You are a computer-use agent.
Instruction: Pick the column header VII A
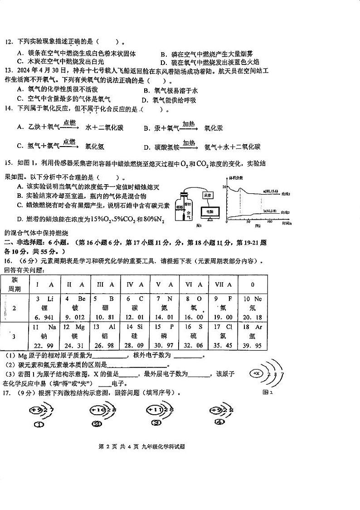(223, 284)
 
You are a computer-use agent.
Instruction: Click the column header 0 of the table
(252, 284)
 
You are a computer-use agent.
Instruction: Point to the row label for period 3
(15, 337)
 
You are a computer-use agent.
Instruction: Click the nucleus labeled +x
(257, 373)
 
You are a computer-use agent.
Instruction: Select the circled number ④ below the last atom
(219, 422)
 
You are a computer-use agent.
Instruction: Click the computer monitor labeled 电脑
(209, 212)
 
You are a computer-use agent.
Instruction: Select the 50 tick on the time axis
(248, 222)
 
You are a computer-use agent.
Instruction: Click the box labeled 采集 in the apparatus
(208, 195)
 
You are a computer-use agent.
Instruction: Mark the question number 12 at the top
(8, 42)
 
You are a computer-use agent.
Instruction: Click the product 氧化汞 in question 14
(214, 128)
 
